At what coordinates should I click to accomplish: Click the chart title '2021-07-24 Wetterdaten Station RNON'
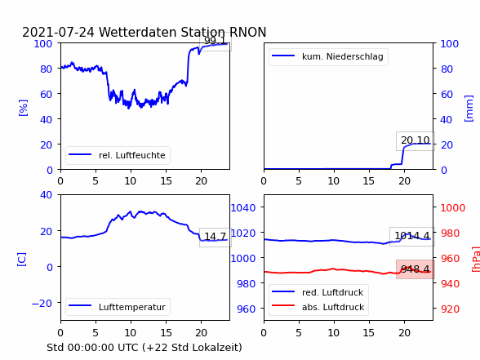click(x=144, y=32)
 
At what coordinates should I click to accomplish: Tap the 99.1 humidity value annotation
click(x=216, y=41)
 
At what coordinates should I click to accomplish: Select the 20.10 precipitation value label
click(x=416, y=140)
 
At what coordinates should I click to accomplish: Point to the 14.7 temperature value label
click(x=216, y=237)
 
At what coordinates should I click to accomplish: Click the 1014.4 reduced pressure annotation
click(x=412, y=236)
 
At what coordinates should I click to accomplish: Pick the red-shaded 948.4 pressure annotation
click(x=416, y=269)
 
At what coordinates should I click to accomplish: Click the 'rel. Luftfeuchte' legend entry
click(x=118, y=155)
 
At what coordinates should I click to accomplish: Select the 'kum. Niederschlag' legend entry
click(x=328, y=56)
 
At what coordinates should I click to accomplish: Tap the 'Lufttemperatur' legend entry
click(x=118, y=307)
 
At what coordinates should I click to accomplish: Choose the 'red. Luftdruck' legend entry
click(x=318, y=292)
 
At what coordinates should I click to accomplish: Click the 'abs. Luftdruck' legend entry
click(x=318, y=307)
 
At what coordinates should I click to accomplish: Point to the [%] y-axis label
click(x=23, y=108)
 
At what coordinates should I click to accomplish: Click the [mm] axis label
click(x=469, y=109)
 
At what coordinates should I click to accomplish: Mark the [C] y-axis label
click(x=22, y=260)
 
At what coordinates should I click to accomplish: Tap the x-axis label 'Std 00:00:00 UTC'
click(x=93, y=348)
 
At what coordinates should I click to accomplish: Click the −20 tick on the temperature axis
click(x=42, y=304)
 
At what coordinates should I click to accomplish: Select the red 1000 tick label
click(x=453, y=208)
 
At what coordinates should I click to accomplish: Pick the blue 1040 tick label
click(x=243, y=208)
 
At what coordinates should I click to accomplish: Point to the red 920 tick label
click(x=450, y=309)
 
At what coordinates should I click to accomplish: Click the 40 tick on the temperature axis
click(x=46, y=194)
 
